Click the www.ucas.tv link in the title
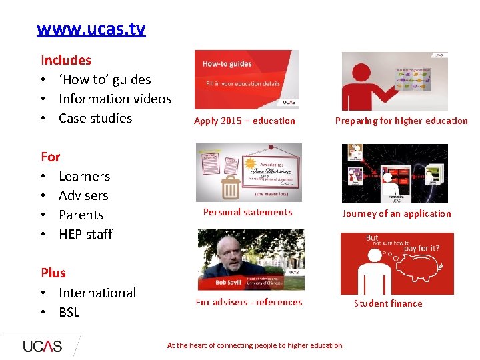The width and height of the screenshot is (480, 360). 91,29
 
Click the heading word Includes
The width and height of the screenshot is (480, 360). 65,60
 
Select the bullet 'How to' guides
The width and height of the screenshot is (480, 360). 105,79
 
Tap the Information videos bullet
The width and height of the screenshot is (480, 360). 115,99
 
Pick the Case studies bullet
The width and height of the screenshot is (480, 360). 95,118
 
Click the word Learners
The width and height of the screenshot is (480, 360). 84,176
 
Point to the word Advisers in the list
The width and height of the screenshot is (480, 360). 83,195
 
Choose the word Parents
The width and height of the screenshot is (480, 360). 81,215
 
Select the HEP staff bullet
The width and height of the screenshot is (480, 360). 85,234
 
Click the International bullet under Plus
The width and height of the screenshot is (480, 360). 97,293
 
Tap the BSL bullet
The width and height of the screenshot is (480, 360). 69,312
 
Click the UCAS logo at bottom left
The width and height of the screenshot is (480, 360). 42,346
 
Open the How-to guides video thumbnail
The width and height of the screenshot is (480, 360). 247,79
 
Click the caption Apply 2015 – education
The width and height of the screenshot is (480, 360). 244,121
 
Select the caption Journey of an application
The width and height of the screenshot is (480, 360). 396,213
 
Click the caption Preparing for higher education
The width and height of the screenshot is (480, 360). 401,121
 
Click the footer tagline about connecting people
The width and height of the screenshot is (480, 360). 255,345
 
